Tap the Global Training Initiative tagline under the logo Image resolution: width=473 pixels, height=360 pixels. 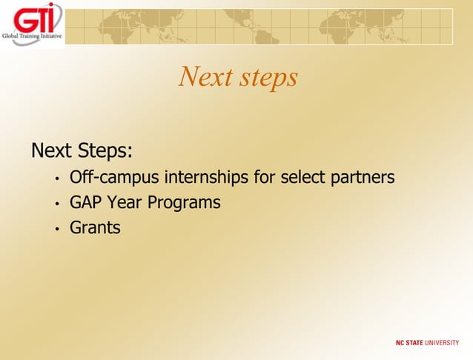(33, 36)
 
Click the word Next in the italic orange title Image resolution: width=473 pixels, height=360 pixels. (205, 77)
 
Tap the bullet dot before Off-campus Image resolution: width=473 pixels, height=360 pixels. (56, 179)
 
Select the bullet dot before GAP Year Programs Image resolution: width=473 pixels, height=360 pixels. (56, 204)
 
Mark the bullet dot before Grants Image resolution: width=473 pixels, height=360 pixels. (56, 229)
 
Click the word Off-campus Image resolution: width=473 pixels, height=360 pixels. (114, 179)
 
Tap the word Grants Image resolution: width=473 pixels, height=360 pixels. (95, 227)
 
